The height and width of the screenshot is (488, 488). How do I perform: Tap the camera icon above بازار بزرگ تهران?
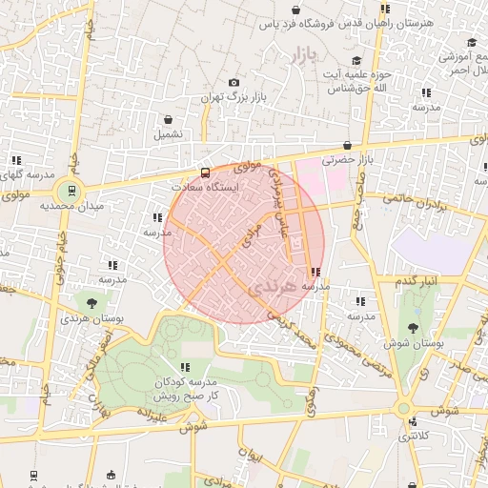pos(234,83)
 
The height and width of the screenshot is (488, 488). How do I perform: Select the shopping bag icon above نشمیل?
pos(169,120)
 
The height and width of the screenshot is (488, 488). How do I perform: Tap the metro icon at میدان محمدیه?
pos(68,190)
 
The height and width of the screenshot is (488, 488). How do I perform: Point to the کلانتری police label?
pos(412,436)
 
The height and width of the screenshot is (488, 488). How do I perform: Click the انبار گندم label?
pos(417,283)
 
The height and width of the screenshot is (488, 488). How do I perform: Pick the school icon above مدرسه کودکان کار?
pos(185,367)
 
